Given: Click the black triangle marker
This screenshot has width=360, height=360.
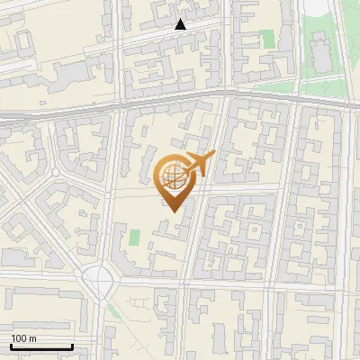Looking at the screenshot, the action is point(181,24).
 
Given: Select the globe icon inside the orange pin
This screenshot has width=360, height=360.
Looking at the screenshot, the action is point(171,177).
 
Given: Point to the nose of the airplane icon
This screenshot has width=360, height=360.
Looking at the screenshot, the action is point(212,157).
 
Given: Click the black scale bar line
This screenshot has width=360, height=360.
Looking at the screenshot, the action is point(41,346).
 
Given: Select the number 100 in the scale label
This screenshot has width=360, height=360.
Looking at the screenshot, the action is point(18,338).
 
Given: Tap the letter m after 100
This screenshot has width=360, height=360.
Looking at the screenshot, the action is point(32,338).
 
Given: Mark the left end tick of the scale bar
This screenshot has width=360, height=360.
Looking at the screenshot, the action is point(11,345).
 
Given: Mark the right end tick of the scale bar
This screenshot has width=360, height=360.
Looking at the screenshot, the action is point(72,345).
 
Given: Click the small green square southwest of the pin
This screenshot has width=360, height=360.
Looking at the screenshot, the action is point(135,238).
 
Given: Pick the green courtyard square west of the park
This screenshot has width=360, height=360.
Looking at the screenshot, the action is point(266,39).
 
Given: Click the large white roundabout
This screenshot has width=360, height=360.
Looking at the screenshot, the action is point(101,281).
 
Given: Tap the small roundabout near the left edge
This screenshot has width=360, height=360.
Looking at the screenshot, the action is point(56,170).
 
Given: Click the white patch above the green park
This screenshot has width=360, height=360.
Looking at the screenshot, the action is point(315,9).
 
